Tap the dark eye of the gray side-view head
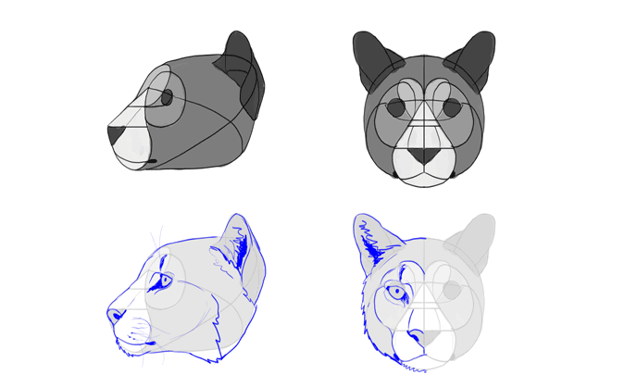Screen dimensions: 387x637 [x=167, y=96]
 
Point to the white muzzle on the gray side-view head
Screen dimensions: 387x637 [x=133, y=143]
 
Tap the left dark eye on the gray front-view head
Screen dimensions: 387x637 [x=396, y=107]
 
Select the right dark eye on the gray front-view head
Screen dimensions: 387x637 [x=452, y=107]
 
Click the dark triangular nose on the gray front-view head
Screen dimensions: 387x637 [x=424, y=156]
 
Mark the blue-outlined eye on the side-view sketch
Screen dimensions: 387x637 [x=165, y=281]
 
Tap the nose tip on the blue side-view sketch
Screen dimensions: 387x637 [x=114, y=315]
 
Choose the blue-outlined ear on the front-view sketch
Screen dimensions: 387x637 [x=374, y=243]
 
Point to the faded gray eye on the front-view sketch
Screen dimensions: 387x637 [x=452, y=291]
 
